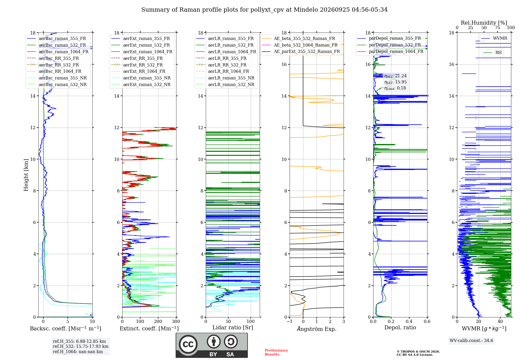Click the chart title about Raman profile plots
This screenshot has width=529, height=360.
coord(264,10)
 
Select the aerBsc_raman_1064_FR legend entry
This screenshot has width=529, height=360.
coord(58,52)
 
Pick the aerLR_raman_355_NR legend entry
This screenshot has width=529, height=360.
coord(225,78)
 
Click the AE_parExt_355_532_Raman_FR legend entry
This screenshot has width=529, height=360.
coord(301,51)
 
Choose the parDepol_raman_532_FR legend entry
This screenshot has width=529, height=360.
coord(389,45)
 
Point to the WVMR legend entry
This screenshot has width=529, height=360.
coord(494,38)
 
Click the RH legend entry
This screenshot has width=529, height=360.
coord(492,53)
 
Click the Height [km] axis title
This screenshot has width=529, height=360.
coord(26,175)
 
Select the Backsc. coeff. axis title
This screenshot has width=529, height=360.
coord(66,328)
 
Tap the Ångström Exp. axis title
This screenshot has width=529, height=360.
coord(317,329)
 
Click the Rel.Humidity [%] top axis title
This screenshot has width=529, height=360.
coord(484,23)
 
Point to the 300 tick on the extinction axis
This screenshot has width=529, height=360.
coord(176,321)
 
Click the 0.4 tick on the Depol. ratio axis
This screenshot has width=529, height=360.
coord(409,321)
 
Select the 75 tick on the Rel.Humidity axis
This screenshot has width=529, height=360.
coord(498,28)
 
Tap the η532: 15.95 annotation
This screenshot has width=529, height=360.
coord(395,82)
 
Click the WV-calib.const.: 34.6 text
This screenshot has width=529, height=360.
coord(471,340)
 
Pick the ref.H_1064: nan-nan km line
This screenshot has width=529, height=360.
coord(78,352)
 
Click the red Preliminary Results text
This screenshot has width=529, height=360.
coord(276,352)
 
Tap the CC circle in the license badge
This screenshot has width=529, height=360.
coord(188,344)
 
